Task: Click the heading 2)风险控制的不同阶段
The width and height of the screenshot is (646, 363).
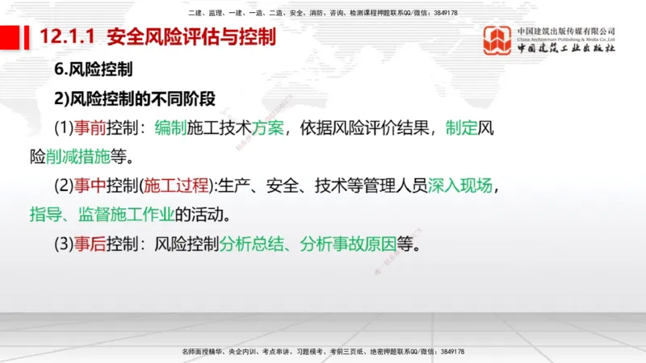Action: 135,99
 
